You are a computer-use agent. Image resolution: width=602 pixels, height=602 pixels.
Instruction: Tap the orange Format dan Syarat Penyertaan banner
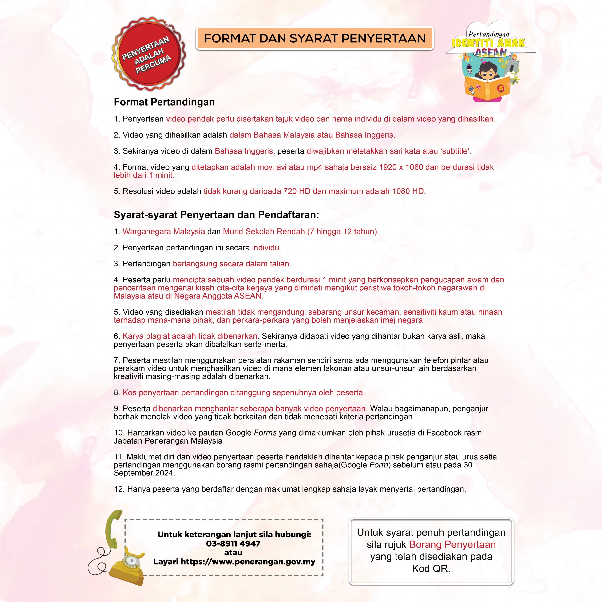[314, 38]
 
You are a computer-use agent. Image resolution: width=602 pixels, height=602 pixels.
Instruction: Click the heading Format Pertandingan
[164, 102]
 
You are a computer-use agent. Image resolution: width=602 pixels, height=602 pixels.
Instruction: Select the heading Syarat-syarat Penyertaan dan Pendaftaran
[216, 215]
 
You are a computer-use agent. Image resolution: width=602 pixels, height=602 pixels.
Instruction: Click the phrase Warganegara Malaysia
[164, 232]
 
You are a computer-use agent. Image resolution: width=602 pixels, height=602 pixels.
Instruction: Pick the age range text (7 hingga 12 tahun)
[343, 232]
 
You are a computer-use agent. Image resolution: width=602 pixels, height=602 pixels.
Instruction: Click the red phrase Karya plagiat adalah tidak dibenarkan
[190, 336]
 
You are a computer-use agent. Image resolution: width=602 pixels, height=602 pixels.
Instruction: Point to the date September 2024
[144, 473]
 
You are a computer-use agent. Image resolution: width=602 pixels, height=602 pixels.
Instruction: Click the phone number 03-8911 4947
[233, 544]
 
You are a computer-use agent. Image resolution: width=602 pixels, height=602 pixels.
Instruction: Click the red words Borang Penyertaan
[452, 545]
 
